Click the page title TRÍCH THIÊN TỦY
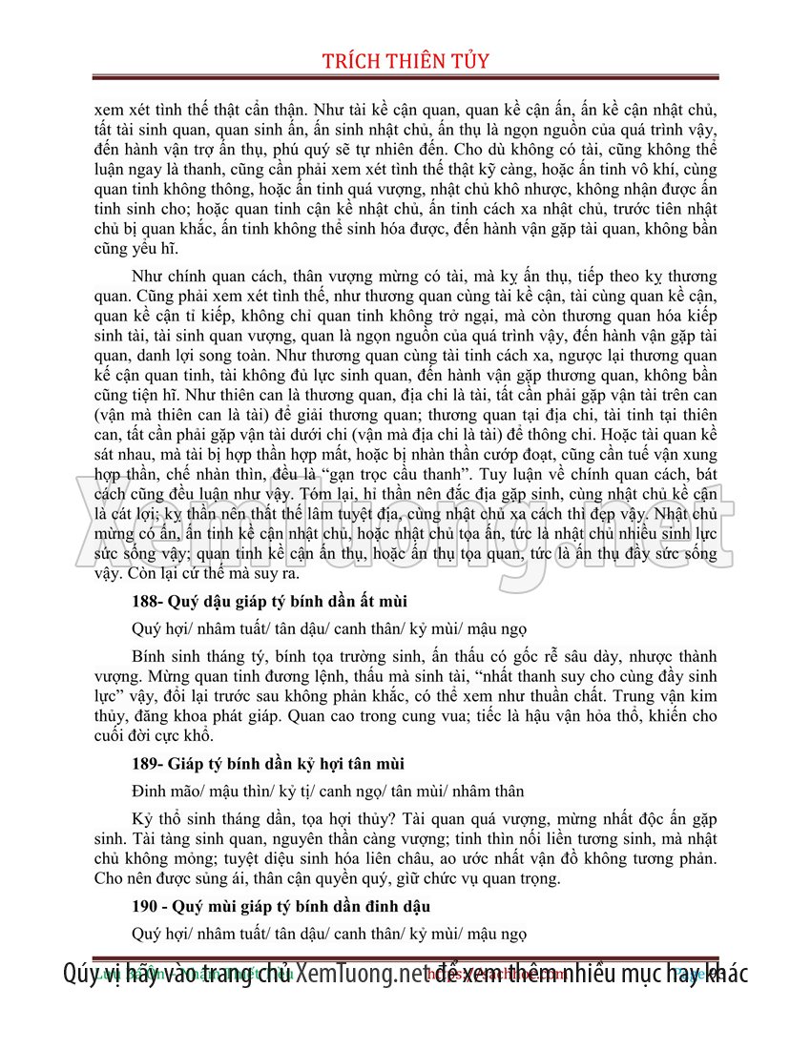[x=406, y=61]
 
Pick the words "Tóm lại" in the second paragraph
[x=330, y=494]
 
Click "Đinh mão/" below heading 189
[x=165, y=792]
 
